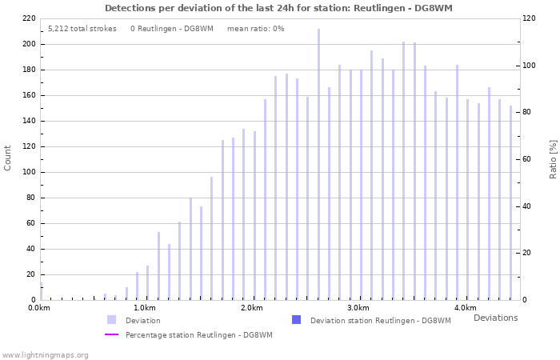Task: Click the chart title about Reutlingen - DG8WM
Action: [278, 7]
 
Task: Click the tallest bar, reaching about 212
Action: [318, 164]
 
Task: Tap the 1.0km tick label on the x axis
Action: [144, 308]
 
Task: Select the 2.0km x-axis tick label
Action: [251, 308]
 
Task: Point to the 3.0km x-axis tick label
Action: [358, 308]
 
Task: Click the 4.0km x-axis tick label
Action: [465, 308]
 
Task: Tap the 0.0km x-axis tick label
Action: [38, 308]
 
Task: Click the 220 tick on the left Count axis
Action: [29, 18]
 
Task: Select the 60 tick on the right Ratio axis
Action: [529, 159]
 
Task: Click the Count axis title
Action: [8, 158]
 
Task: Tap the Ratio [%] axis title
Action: [552, 158]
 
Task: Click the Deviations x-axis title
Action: [495, 318]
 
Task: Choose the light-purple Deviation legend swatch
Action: [112, 320]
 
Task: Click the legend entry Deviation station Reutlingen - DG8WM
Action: [380, 321]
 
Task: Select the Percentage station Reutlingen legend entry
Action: [198, 335]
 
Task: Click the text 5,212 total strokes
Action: [80, 29]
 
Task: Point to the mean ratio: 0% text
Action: [255, 29]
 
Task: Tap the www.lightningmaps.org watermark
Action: [45, 354]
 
